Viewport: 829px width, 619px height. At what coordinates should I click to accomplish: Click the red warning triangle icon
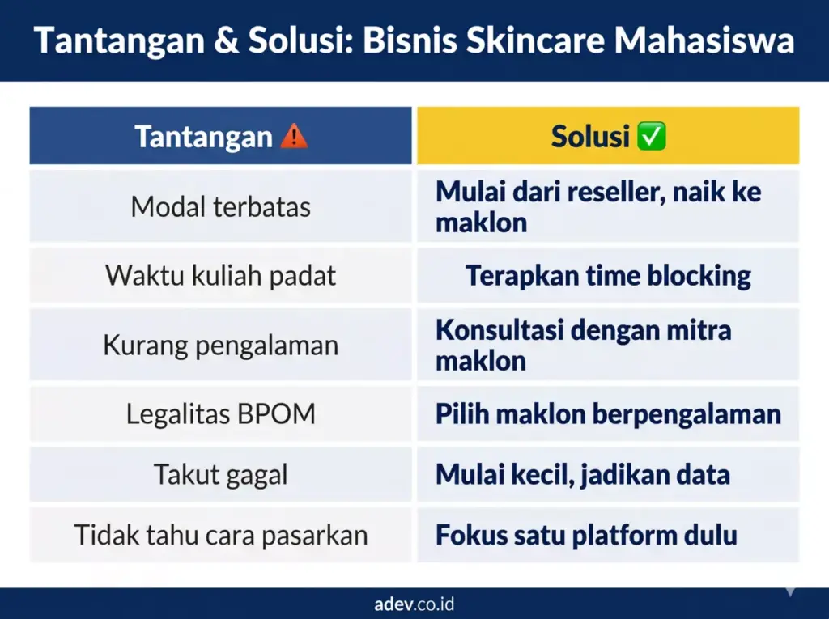pos(294,137)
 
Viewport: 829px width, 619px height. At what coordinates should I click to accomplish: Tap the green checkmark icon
pos(652,137)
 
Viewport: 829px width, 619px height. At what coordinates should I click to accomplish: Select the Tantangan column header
pos(203,137)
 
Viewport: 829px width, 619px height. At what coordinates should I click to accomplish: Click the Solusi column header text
pos(590,137)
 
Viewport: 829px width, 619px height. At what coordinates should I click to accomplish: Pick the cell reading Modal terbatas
pos(220,207)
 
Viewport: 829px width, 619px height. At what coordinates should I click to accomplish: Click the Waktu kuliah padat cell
pos(220,276)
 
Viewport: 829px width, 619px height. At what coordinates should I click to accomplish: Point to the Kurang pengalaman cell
pos(220,346)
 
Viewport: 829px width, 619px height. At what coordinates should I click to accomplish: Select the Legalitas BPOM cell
pos(220,414)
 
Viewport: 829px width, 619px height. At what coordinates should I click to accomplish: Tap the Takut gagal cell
pos(220,474)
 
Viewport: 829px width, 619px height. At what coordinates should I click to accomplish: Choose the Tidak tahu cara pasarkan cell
pos(220,535)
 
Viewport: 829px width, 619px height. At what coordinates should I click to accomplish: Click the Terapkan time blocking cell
pos(608,276)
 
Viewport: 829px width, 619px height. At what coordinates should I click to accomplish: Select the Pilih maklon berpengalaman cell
pos(608,414)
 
